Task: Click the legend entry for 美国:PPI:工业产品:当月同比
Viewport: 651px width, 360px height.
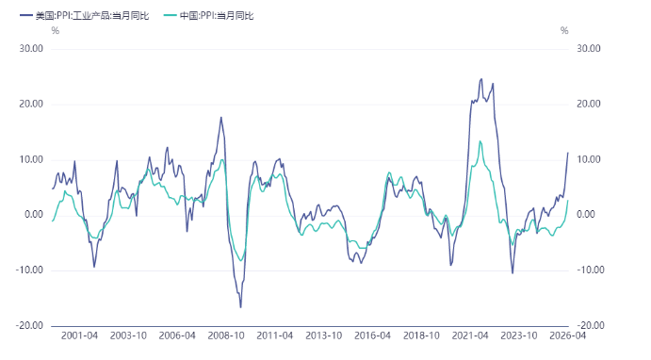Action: coord(85,16)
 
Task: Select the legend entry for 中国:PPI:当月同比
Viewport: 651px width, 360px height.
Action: coord(209,16)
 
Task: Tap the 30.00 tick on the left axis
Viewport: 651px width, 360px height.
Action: coord(31,49)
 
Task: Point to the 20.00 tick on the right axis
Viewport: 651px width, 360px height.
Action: coord(589,104)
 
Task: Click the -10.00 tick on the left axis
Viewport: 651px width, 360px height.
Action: coord(29,270)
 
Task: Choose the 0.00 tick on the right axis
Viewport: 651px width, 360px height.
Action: coord(586,214)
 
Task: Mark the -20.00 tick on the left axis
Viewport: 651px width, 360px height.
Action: coord(29,325)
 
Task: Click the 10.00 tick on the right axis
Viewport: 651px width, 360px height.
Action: coord(589,159)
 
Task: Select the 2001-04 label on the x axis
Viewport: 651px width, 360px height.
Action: coord(79,335)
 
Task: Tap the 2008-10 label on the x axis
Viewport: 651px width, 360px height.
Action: coord(226,335)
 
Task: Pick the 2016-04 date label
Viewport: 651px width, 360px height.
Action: coord(372,335)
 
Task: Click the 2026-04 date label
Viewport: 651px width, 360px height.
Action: coord(567,335)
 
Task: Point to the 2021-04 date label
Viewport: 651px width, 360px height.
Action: coord(470,335)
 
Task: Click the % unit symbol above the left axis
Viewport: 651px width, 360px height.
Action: coord(56,31)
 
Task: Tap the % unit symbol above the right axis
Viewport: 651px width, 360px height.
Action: coord(564,31)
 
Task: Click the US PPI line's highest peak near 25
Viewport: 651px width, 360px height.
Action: coord(481,79)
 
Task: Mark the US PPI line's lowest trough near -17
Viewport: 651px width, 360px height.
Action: coord(241,307)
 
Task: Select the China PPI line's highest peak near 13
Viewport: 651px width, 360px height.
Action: coord(480,141)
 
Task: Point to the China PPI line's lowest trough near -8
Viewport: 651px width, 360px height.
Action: coord(241,261)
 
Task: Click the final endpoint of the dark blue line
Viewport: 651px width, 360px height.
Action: coord(568,153)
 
